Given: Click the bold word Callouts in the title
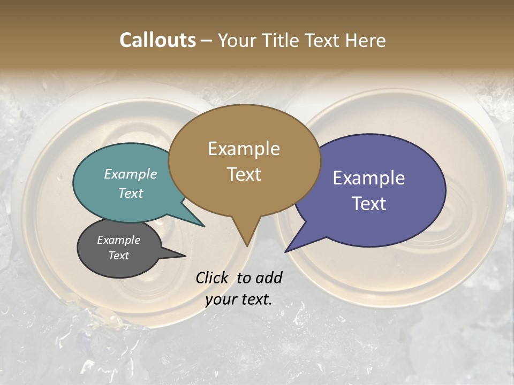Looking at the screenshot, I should (157, 40).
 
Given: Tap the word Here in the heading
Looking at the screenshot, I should (366, 40).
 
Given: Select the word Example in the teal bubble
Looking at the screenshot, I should (131, 174).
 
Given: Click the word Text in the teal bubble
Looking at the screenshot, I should (131, 193).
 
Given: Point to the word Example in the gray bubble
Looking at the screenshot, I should (119, 240).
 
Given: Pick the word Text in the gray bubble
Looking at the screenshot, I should (119, 256).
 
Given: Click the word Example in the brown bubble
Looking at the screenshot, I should (244, 149).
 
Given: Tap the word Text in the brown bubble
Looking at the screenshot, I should (244, 174).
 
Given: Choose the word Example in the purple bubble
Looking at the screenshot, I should (369, 178).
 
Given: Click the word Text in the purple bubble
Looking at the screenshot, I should (369, 203).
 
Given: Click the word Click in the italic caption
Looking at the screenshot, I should (213, 278).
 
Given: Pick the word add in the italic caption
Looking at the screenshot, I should (269, 278).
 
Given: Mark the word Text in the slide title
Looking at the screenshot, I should (322, 40).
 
